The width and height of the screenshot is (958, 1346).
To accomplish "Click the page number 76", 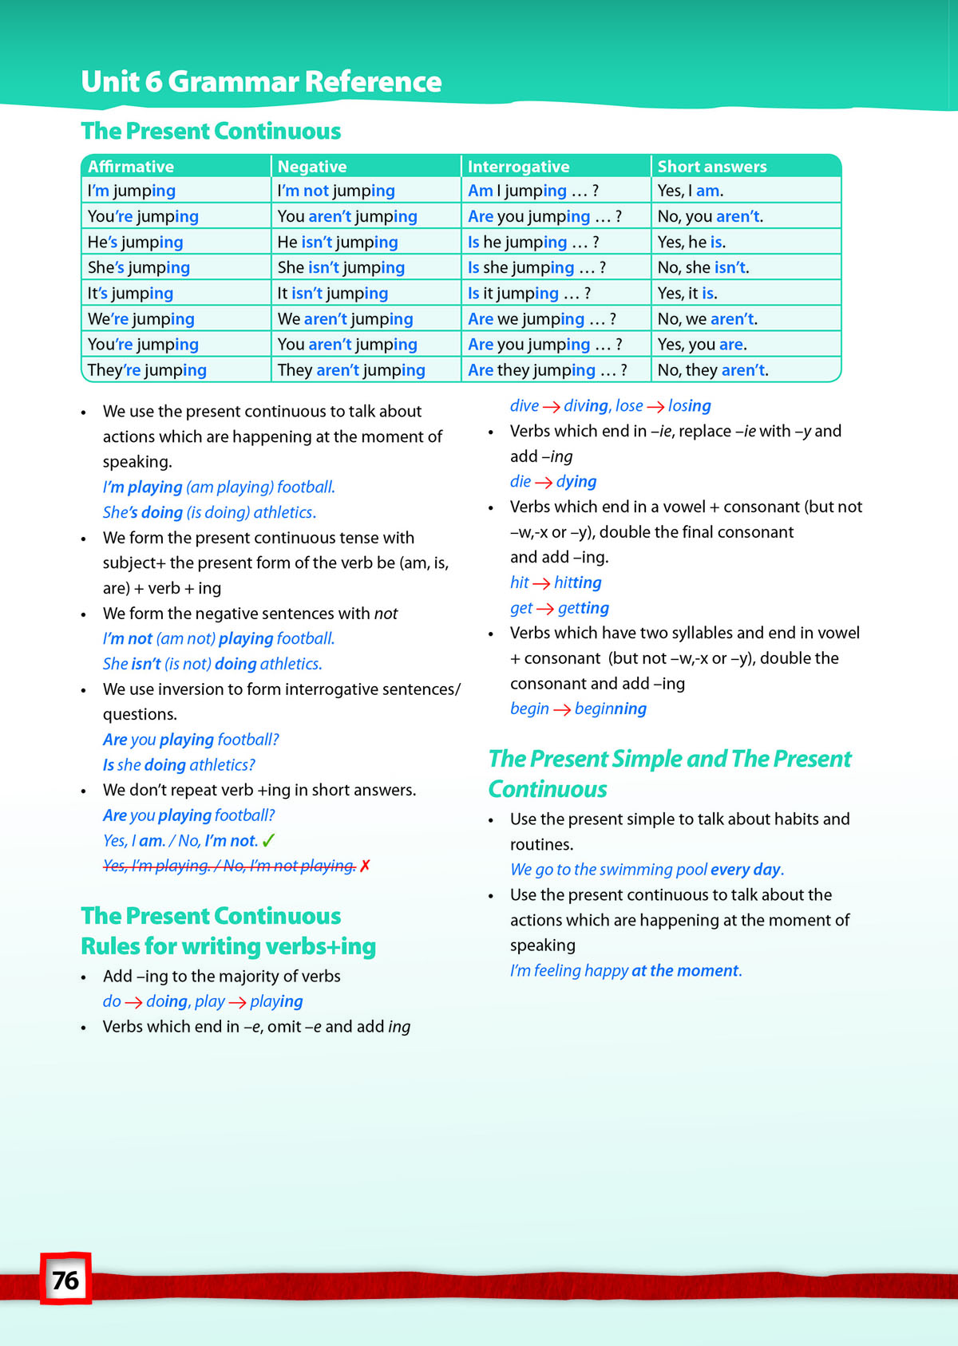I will point(65,1280).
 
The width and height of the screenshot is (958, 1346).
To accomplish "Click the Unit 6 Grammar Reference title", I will point(261,81).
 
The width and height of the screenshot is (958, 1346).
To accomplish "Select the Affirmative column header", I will point(131,166).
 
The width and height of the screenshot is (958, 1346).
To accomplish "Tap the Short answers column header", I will point(711,166).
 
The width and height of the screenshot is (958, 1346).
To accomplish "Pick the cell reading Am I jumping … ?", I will point(532,191).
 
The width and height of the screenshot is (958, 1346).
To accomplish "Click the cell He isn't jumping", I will point(337,242).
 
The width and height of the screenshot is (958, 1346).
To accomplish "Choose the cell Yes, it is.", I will point(687,293).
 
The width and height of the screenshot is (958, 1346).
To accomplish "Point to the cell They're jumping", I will point(147,369).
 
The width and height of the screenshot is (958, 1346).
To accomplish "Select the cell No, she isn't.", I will point(703,267).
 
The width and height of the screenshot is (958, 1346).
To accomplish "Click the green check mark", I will point(269,840).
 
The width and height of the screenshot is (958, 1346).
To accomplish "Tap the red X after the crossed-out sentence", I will point(365,866).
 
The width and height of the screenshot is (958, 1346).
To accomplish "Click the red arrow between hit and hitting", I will point(541,583).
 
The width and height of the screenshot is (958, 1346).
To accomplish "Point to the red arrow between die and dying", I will point(544,482).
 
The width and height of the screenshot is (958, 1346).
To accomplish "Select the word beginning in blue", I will point(610,709).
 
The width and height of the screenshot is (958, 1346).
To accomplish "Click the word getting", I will point(583,608).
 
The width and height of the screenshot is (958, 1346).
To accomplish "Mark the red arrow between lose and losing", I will point(655,406).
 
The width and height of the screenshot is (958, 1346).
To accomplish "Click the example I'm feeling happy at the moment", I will point(625,970).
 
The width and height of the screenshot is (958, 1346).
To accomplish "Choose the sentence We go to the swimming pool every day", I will point(647,869).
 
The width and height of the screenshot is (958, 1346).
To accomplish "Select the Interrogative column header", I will point(518,166).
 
